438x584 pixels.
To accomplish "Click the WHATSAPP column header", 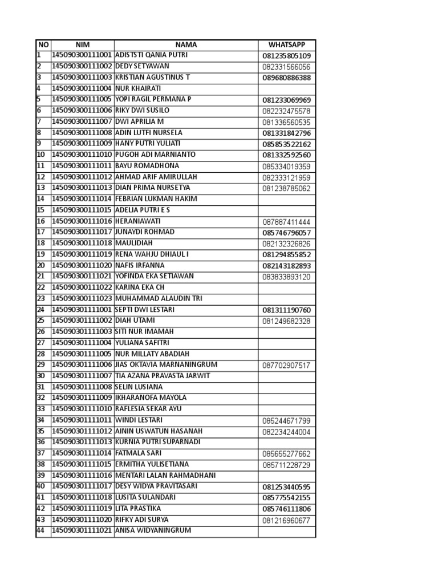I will (x=286, y=45).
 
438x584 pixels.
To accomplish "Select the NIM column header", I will (x=83, y=45).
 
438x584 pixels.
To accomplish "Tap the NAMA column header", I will (x=186, y=45).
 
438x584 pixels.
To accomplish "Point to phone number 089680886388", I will (x=286, y=78).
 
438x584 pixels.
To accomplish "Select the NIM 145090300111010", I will (x=83, y=155).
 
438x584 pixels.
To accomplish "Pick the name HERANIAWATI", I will (x=138, y=221).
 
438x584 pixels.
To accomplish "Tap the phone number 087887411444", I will (x=286, y=222).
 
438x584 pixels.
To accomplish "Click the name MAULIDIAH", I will (x=134, y=243).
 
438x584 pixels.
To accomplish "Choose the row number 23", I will (x=41, y=299).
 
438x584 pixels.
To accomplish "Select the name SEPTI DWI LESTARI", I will (x=145, y=310).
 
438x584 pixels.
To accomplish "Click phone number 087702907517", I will (x=286, y=366).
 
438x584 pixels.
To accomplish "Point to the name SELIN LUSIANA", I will (x=139, y=387).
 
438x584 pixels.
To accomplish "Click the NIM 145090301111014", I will (x=83, y=453).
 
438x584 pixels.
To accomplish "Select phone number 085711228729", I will (x=286, y=465).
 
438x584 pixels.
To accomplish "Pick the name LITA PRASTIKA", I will (x=138, y=509).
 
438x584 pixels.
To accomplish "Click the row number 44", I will (x=41, y=531).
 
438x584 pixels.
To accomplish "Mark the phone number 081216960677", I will (x=286, y=521).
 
